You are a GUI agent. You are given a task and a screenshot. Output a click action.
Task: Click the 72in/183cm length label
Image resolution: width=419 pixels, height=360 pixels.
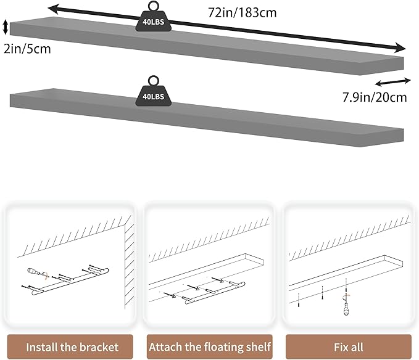click(242, 13)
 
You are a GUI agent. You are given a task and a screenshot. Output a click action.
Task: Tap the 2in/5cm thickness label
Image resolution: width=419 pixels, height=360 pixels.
click(27, 49)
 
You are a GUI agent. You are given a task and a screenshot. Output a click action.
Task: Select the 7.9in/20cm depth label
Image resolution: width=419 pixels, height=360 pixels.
click(375, 97)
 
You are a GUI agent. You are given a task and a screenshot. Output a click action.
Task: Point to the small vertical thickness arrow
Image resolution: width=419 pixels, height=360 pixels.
click(6, 27)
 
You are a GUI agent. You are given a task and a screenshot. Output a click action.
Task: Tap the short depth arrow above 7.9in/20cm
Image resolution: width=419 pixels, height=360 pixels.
click(392, 82)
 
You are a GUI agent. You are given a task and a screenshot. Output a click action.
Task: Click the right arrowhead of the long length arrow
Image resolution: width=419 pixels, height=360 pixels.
click(401, 48)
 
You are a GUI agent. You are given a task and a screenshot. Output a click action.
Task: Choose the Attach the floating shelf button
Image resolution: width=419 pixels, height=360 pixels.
click(210, 346)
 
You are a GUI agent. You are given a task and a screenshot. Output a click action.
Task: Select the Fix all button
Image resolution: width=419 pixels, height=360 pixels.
click(349, 346)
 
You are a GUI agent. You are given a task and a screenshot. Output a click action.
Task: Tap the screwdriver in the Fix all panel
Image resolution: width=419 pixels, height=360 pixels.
click(346, 305)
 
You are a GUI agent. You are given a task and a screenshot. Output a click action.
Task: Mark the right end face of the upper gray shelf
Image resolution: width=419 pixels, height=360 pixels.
click(382, 66)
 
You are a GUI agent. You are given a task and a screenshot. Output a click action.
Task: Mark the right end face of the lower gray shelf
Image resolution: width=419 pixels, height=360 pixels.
click(382, 137)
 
